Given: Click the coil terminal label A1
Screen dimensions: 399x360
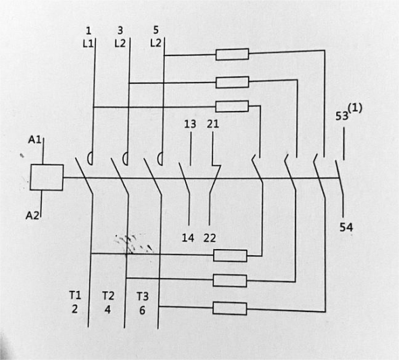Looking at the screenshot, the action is point(34,139).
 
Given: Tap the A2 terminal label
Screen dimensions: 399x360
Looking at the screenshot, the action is point(32,216).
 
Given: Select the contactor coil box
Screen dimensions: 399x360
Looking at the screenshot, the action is point(47,177).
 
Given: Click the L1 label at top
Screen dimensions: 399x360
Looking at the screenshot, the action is point(88,43).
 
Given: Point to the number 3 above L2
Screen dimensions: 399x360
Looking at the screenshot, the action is point(120,30).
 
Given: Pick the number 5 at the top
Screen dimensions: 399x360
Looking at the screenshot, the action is point(156,30).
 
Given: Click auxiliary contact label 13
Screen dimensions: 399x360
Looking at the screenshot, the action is point(190,124).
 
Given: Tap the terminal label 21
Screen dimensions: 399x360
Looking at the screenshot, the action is point(213,124).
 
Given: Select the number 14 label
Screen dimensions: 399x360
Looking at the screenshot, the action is point(188,238).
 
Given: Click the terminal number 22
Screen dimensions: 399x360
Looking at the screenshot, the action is point(210,238).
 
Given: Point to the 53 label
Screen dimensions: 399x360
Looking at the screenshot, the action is point(342,116).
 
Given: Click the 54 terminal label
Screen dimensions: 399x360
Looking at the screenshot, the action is point(346,227).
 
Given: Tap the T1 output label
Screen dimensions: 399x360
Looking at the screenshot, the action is point(75,295).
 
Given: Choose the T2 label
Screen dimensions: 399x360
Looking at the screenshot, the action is point(108,296).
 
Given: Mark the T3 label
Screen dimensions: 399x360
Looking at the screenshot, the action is point(143,296).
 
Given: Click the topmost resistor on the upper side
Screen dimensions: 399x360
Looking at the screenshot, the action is point(232,54).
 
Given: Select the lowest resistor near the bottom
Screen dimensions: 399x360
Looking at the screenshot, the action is point(229,309).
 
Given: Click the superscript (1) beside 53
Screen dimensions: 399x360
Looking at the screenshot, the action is point(355,108).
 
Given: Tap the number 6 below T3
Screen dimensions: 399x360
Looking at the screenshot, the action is point(142,310).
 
